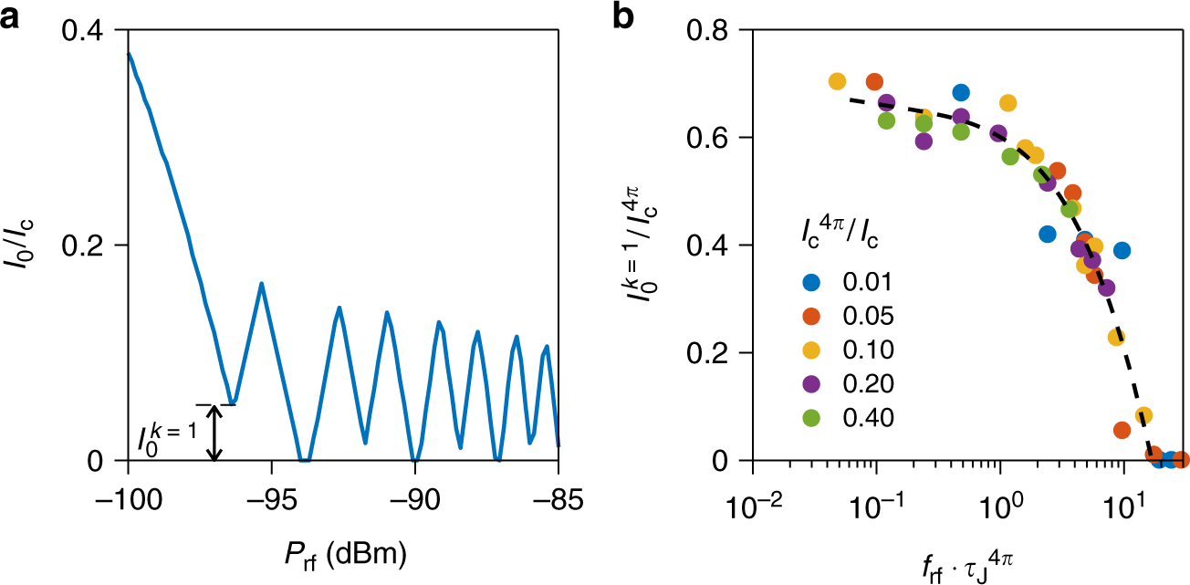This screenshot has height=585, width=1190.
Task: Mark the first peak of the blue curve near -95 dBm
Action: pos(261,284)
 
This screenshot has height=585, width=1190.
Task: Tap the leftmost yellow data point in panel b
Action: pos(837,81)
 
